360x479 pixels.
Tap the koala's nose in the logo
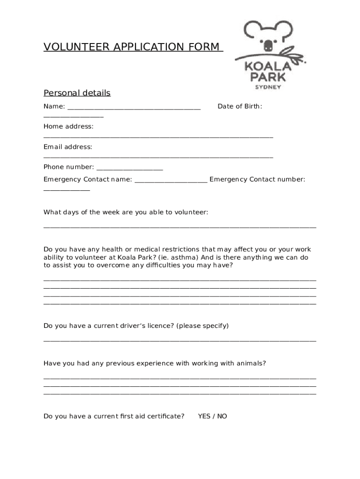click(x=268, y=46)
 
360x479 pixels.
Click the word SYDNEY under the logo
click(x=268, y=87)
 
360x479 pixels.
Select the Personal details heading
click(x=77, y=93)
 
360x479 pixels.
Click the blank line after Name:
click(x=134, y=109)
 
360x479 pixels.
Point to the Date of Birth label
click(x=240, y=106)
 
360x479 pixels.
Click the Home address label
click(x=68, y=126)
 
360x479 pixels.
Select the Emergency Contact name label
click(x=87, y=179)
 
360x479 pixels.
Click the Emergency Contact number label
click(x=257, y=179)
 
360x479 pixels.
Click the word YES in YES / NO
click(x=204, y=416)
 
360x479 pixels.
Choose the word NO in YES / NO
click(x=222, y=416)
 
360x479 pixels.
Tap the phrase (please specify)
click(x=202, y=326)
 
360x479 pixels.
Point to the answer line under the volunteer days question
click(x=180, y=227)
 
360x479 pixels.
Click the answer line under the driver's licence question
click(x=180, y=341)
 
